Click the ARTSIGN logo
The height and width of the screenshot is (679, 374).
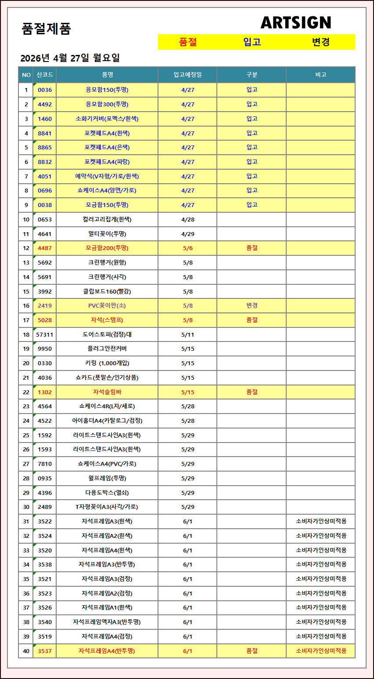click(x=295, y=22)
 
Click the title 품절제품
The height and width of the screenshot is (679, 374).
click(x=46, y=29)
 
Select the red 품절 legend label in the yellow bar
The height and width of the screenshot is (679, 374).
click(x=188, y=42)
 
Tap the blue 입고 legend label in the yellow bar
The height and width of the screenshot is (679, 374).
click(x=252, y=42)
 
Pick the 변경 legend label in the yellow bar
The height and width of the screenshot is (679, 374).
click(x=320, y=42)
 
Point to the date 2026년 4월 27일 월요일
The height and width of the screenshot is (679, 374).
click(x=70, y=58)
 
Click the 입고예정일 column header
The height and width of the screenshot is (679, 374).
click(x=187, y=75)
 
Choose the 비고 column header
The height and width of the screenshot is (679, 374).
click(x=320, y=75)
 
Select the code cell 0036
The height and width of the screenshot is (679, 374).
click(x=45, y=90)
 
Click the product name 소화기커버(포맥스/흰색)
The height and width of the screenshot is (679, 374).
click(x=107, y=119)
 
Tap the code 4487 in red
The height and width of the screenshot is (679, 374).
click(x=45, y=248)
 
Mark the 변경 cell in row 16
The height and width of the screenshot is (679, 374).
click(x=252, y=305)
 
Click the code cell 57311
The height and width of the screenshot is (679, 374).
click(x=45, y=334)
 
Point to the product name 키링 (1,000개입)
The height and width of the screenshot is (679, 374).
click(x=107, y=363)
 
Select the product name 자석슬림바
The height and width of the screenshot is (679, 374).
click(x=107, y=392)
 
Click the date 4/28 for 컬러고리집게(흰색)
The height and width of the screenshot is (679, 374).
click(x=187, y=219)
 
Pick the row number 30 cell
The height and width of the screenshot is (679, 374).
click(x=26, y=507)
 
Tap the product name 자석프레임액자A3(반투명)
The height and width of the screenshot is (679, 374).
click(x=107, y=622)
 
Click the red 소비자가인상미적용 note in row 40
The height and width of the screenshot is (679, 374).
click(x=321, y=651)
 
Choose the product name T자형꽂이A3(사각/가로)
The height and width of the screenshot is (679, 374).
click(x=107, y=507)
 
